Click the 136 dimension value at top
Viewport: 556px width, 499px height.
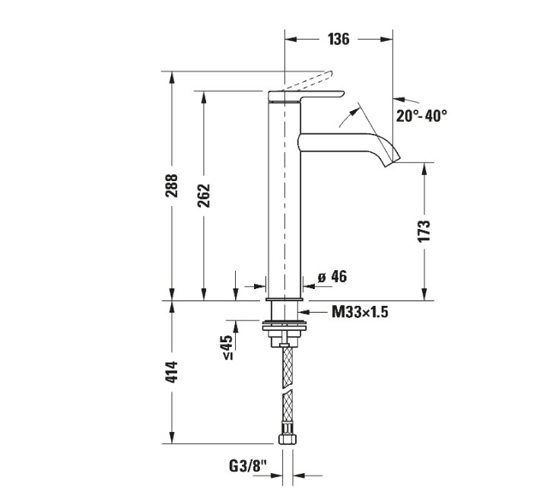(338, 40)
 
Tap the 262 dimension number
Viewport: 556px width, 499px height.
(204, 196)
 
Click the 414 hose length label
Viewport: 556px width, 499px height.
(172, 372)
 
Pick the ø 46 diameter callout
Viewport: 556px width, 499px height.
(332, 277)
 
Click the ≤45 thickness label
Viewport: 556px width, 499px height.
(227, 347)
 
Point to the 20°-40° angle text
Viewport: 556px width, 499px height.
(421, 116)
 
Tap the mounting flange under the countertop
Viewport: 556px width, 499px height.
(286, 332)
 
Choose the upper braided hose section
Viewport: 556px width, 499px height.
(286, 365)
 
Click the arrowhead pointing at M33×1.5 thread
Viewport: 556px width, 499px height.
(307, 311)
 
